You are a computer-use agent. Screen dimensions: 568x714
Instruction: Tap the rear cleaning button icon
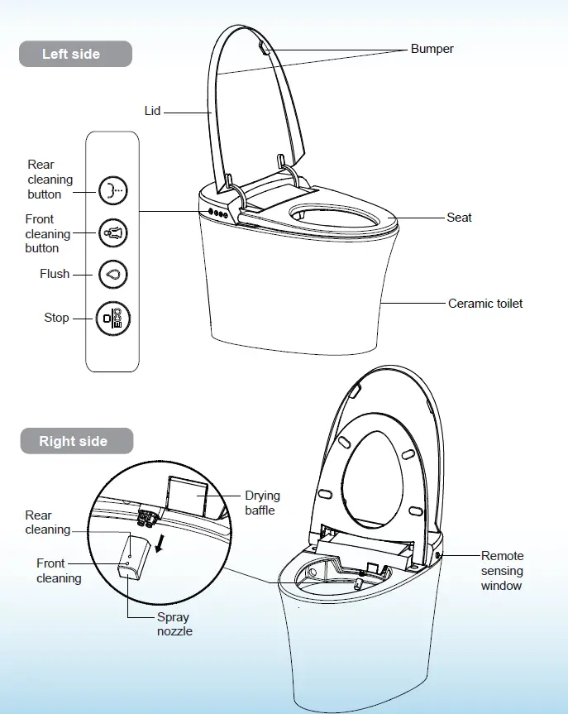[112, 190]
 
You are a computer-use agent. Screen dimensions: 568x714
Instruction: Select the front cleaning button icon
[112, 232]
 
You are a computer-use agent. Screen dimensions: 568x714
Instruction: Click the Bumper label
[432, 49]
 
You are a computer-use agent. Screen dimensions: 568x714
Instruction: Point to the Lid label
[152, 110]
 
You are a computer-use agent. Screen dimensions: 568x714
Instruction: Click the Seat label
[459, 218]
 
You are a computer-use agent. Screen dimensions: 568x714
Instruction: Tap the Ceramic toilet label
[485, 304]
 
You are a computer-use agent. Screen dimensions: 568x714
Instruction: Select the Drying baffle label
[262, 503]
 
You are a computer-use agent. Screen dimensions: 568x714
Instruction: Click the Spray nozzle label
[174, 624]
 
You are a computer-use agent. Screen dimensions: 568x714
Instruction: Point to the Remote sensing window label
[502, 571]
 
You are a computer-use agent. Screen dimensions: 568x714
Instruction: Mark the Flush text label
[55, 274]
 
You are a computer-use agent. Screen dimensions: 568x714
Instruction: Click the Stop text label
[56, 318]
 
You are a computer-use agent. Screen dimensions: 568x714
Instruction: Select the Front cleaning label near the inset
[59, 571]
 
